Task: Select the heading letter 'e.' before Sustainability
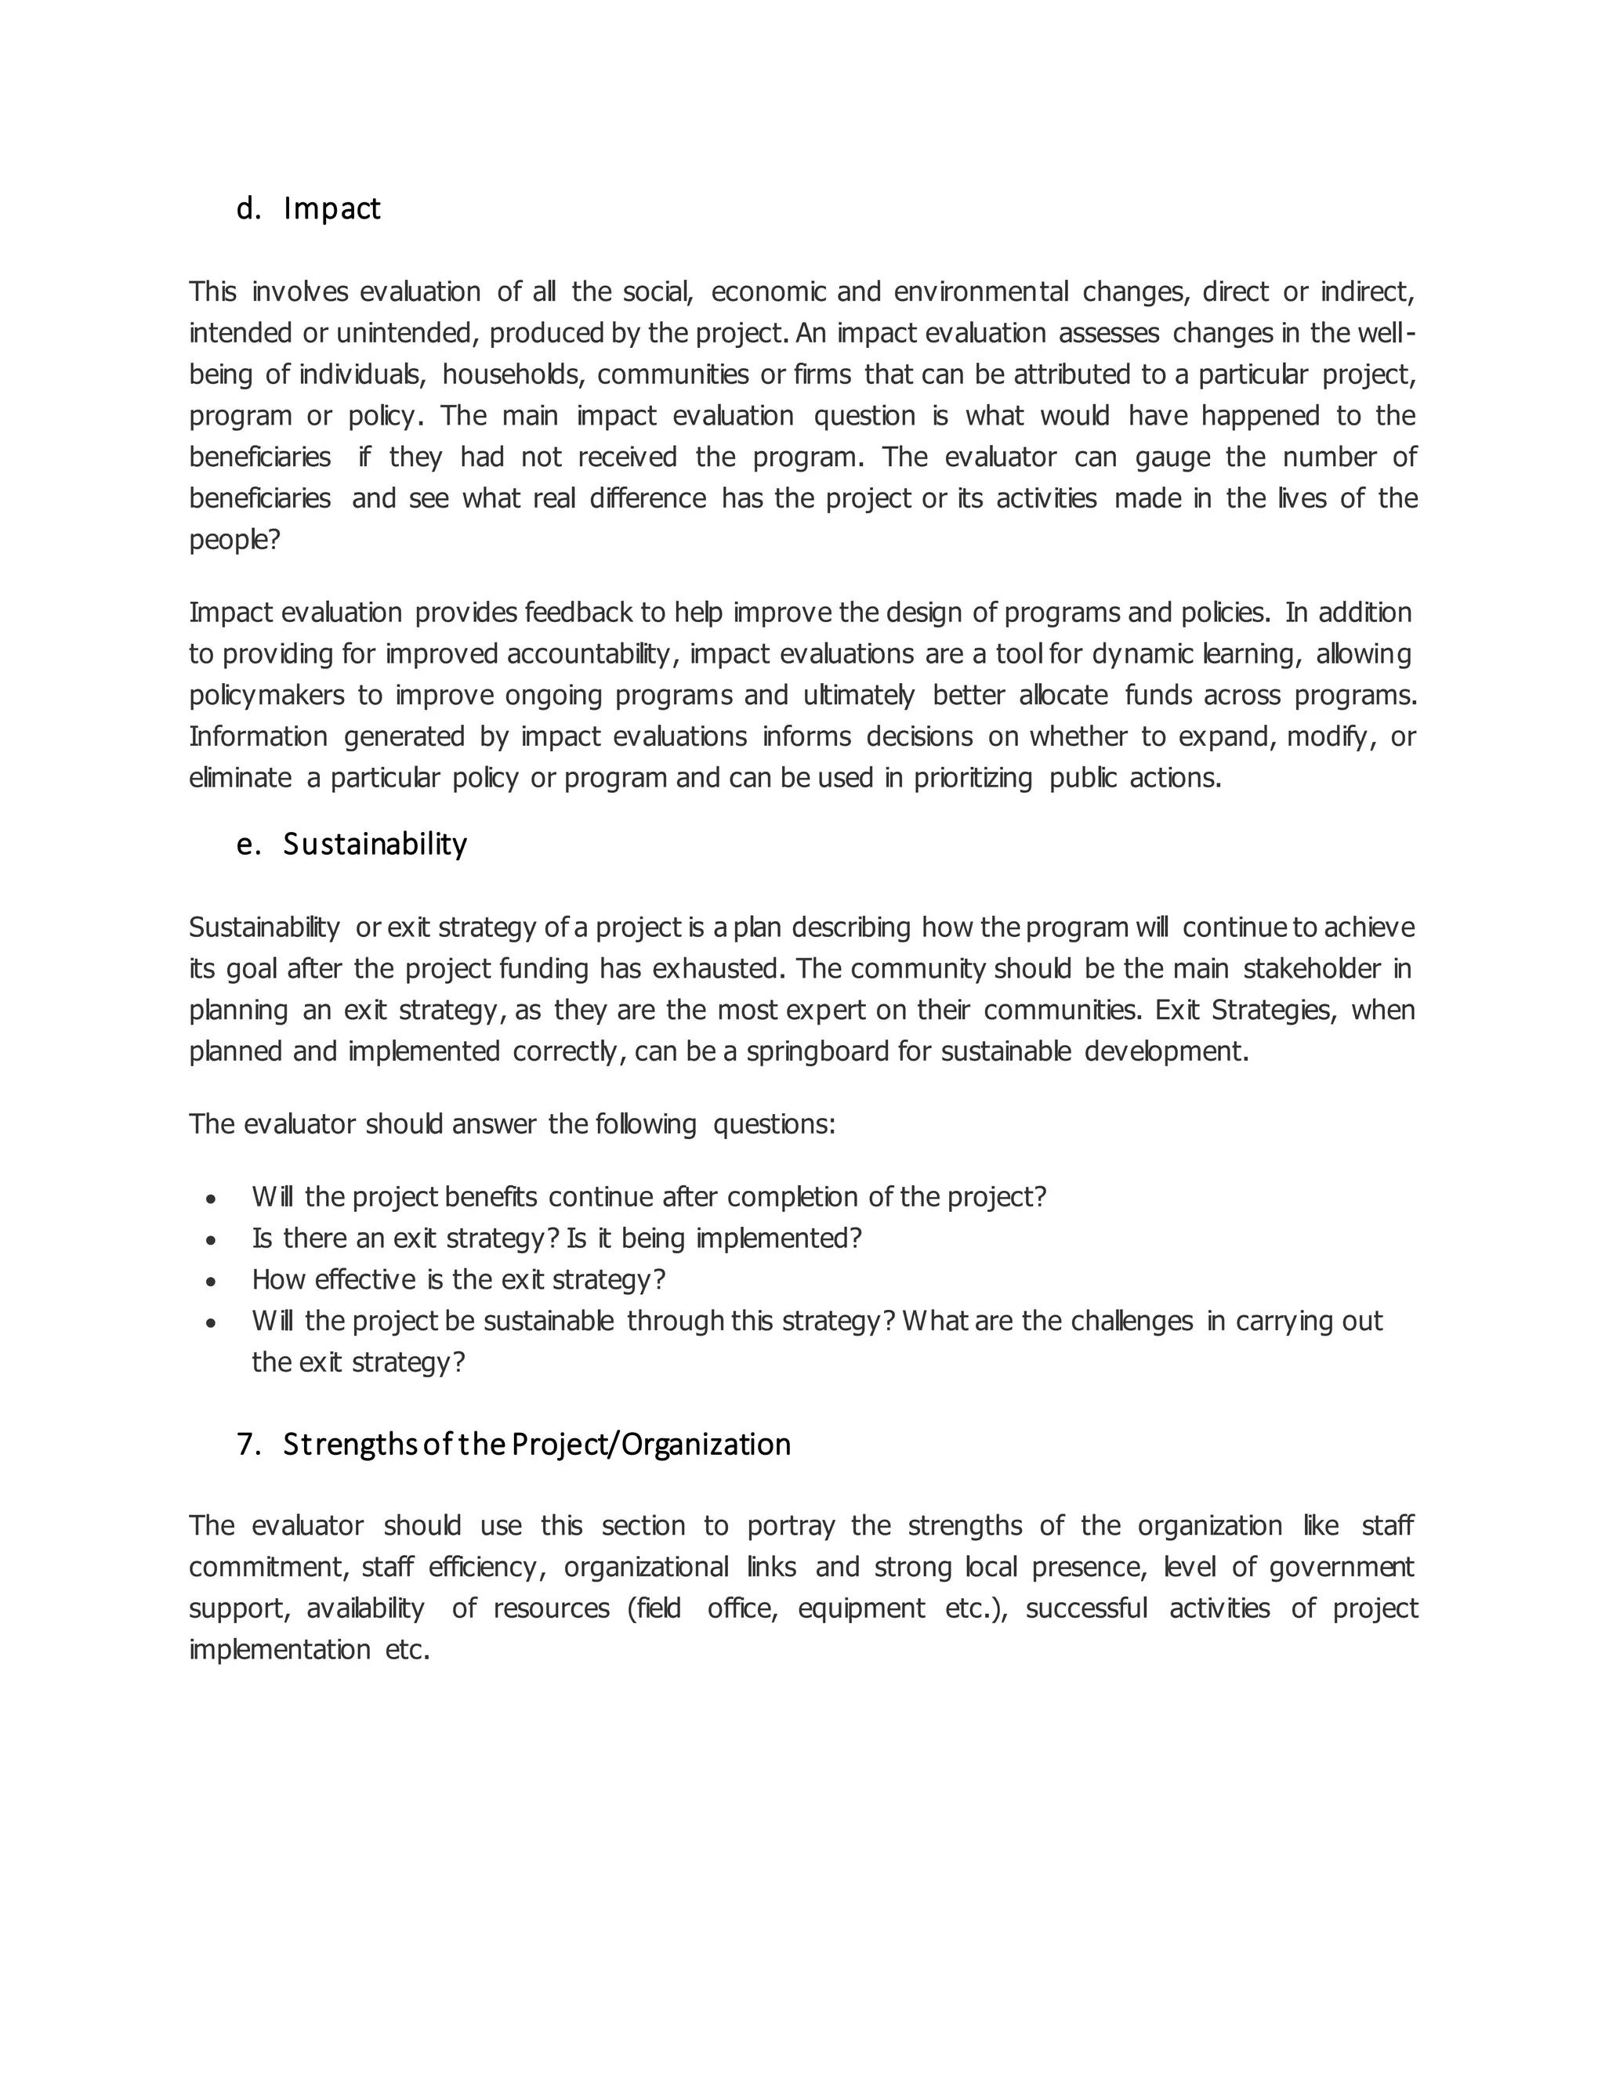(x=248, y=844)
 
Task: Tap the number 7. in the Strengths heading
(x=248, y=1444)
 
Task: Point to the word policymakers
(x=266, y=696)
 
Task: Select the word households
(x=514, y=374)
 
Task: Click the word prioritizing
(x=973, y=779)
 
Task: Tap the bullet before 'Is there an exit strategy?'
(x=211, y=1240)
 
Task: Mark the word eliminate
(x=240, y=779)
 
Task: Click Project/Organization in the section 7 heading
(x=650, y=1444)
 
